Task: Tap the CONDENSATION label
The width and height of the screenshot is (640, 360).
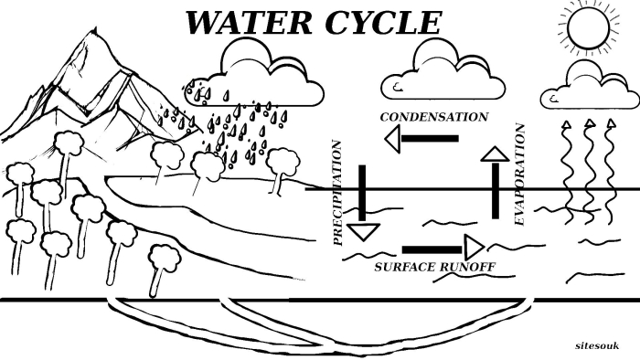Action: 433,117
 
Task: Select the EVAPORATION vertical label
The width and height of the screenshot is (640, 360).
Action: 519,175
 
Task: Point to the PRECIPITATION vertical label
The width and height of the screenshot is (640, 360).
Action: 337,192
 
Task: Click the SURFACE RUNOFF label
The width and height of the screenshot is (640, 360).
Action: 434,267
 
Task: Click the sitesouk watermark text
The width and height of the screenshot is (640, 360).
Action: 598,346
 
